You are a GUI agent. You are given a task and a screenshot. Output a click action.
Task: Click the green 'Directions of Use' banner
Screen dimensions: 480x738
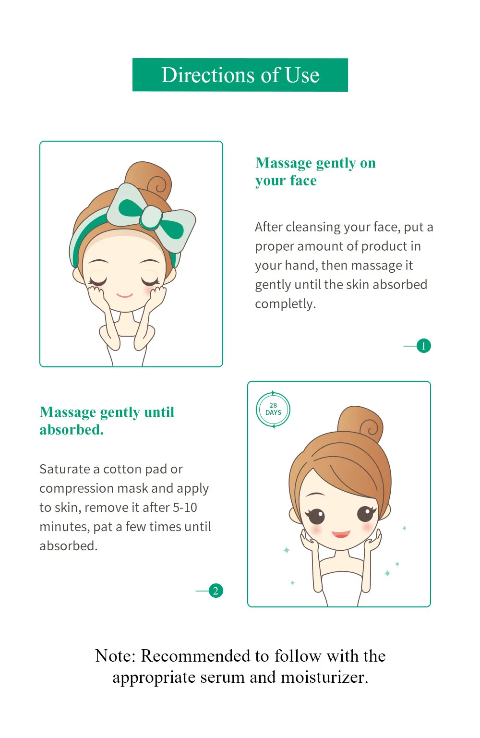point(240,75)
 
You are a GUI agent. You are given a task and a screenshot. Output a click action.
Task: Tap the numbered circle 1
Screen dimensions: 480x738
point(423,346)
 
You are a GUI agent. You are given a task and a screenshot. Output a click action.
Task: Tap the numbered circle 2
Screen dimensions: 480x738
point(216,591)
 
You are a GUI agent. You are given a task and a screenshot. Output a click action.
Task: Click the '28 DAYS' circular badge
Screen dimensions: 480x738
point(273,410)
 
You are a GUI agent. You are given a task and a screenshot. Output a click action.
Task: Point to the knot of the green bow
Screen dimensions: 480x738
point(151,218)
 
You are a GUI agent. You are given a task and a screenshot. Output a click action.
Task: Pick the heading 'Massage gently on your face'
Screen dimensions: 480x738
point(315,171)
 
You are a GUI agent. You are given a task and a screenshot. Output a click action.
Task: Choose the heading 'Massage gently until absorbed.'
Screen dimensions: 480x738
point(107,421)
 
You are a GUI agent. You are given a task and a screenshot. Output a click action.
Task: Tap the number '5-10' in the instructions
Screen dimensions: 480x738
point(185,508)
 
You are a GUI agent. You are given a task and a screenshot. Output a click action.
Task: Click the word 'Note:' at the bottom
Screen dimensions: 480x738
point(115,655)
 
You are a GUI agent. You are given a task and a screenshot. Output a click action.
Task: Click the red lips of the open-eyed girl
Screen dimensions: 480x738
point(341,534)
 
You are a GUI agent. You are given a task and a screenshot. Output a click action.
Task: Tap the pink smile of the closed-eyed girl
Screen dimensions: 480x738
point(124,295)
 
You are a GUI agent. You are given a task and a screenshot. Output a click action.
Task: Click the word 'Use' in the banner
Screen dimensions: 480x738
point(302,75)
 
